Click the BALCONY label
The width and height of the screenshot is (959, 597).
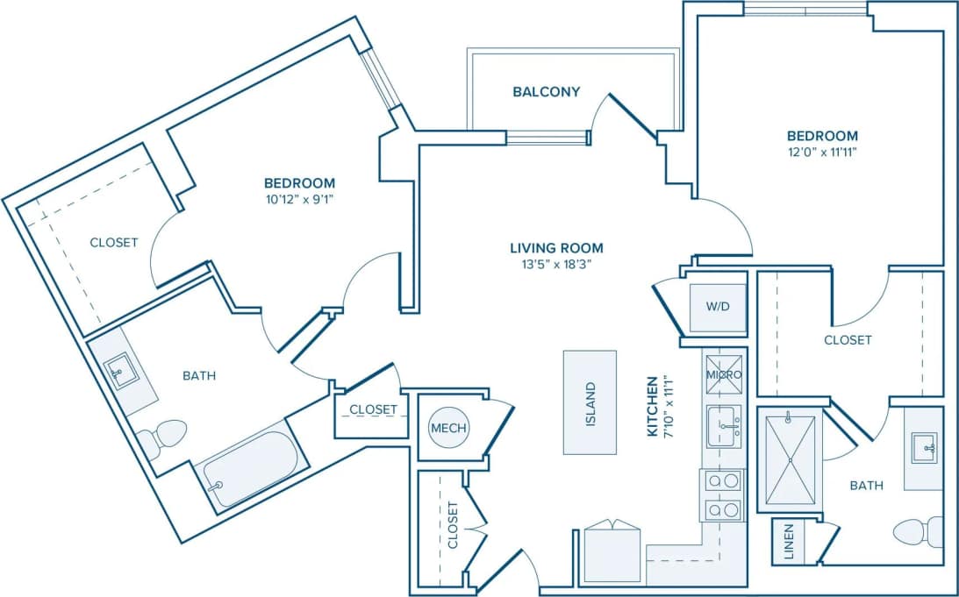546,91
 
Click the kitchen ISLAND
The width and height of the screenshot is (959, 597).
590,402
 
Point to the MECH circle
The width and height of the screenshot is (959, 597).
448,428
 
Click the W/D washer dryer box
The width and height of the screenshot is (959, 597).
717,308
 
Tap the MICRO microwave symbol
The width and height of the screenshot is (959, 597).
724,374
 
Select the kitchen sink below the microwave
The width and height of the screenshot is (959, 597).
724,426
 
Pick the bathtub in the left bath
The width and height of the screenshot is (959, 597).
252,470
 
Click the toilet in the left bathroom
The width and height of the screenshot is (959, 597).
167,436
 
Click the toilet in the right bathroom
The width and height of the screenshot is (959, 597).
917,530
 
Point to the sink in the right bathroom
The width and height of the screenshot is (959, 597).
923,448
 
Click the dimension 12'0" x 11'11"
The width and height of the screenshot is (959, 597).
821,152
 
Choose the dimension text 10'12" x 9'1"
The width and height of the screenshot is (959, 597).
299,199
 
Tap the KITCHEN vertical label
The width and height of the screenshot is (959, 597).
652,406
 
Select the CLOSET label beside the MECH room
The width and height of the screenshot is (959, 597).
373,409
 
